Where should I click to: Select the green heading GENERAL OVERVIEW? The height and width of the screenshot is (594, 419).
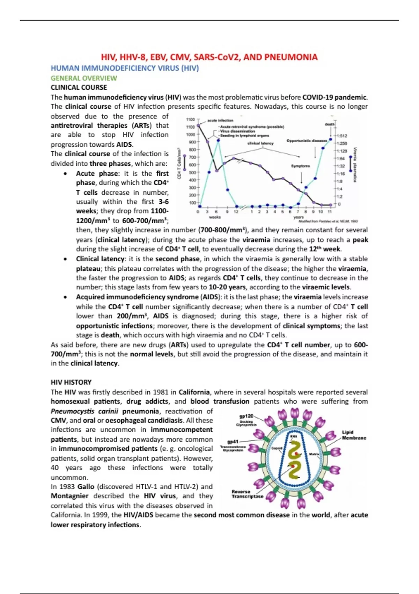pos(84,78)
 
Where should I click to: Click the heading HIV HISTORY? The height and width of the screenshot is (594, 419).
pos(71,382)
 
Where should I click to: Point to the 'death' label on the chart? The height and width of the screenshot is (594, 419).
pos(329,124)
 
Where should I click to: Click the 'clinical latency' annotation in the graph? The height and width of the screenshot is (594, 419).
pos(260,143)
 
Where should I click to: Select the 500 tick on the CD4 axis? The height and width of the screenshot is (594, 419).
pos(192,172)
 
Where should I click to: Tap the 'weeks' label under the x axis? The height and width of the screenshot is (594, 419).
pos(215,217)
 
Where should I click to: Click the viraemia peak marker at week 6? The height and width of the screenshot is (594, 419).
pos(218,140)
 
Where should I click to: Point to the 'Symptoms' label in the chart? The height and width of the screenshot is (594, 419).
pos(300,166)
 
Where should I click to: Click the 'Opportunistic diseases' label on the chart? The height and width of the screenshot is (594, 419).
pos(307,141)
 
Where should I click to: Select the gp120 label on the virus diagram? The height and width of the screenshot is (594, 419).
pos(246,416)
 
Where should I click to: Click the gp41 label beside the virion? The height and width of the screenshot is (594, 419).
pos(233,442)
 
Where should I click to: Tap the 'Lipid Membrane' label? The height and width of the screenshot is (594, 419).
pos(353,435)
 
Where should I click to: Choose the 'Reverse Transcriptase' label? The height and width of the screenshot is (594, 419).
pos(247,494)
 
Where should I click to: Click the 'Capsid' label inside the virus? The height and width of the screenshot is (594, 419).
pos(277,448)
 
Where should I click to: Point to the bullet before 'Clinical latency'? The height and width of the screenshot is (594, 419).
pos(65,259)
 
